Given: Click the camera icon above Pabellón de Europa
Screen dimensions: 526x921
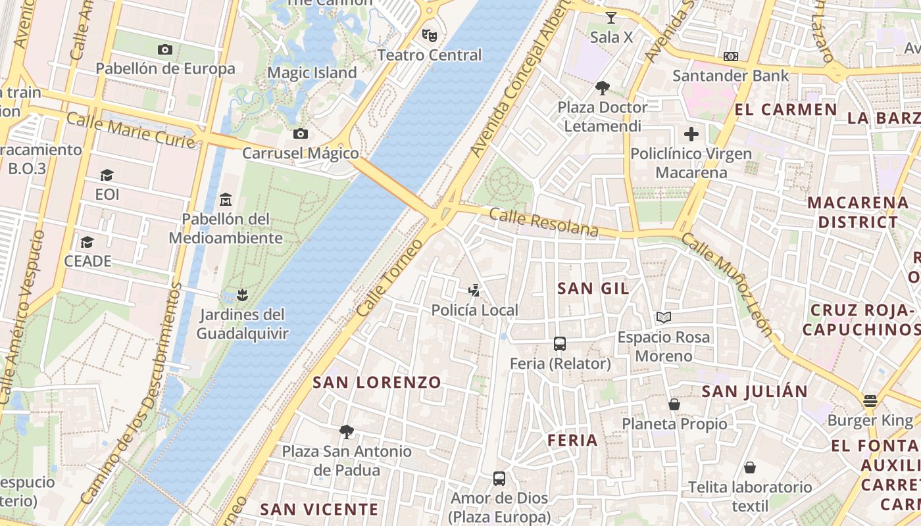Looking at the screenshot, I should click(165, 49).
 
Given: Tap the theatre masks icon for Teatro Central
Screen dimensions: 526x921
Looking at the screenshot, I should click(429, 35).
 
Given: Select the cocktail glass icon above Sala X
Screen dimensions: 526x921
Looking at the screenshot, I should click(611, 18).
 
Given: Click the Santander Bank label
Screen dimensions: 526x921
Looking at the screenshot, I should click(730, 76).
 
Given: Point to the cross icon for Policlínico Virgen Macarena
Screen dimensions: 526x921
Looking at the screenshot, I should click(691, 135).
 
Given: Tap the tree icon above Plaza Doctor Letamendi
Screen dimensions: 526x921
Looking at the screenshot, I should click(602, 87).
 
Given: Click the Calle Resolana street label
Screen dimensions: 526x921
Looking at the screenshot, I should click(543, 222).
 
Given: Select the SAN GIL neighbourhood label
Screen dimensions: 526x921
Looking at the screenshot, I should click(593, 288).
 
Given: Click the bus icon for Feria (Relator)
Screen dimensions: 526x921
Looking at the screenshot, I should click(560, 344).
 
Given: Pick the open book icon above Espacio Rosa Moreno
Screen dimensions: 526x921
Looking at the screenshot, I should click(664, 318).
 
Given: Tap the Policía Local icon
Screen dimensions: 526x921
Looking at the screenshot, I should click(474, 290).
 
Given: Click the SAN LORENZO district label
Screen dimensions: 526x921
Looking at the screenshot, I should click(377, 382).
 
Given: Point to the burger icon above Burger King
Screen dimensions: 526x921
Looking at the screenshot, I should click(870, 401).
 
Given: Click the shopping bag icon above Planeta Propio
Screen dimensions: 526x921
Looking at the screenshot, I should click(674, 404).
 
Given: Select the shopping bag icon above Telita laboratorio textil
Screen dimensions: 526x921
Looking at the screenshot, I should click(750, 467).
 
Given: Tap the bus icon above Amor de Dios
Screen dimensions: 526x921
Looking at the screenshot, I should click(499, 478).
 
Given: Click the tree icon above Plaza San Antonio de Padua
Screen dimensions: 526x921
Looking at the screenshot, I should click(347, 432).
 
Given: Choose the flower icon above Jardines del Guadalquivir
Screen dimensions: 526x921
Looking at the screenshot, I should click(242, 295).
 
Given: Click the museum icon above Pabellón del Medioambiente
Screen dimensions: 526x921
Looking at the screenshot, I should click(226, 199).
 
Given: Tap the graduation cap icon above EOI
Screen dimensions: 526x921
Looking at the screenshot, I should click(107, 175).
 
